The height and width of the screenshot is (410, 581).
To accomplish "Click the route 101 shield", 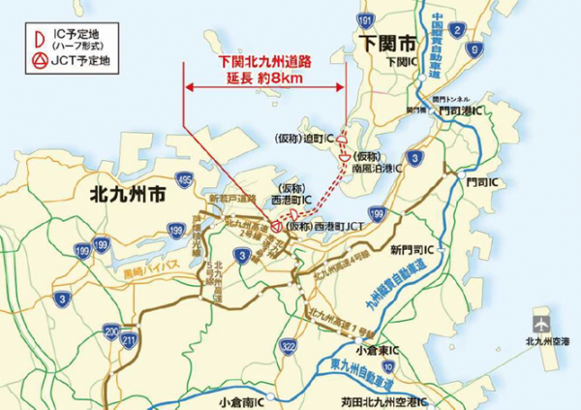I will [364, 19].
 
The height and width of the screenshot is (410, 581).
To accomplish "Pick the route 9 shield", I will [473, 49].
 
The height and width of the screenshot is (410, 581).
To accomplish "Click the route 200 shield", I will [111, 330].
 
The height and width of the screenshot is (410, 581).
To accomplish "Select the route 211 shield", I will [128, 340].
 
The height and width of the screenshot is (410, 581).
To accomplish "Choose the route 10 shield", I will [388, 365].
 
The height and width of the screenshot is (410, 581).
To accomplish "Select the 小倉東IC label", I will [372, 350].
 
